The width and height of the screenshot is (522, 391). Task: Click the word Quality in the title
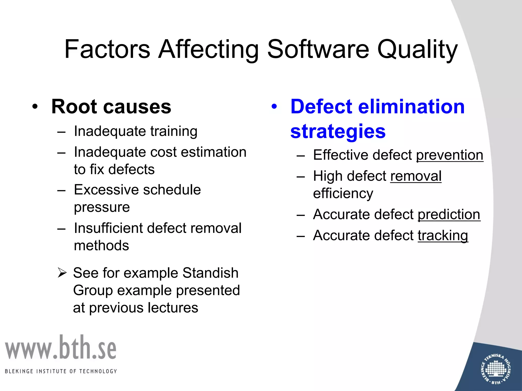click(x=417, y=50)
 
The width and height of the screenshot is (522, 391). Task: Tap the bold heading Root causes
click(x=111, y=106)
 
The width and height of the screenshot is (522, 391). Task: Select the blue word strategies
click(x=338, y=131)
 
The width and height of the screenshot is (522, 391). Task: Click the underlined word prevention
click(x=450, y=155)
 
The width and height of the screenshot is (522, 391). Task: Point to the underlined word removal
click(x=416, y=176)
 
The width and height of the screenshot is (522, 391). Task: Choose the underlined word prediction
click(x=449, y=214)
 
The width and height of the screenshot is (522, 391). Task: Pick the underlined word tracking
click(x=443, y=235)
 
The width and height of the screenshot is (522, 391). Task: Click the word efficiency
click(x=343, y=193)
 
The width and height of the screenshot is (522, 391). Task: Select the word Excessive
click(x=105, y=190)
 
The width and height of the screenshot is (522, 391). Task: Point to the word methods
click(x=101, y=246)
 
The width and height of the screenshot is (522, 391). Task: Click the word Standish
click(x=210, y=273)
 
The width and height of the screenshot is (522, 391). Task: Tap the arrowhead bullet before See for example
click(x=62, y=273)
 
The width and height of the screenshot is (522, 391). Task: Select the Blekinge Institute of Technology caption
click(x=61, y=371)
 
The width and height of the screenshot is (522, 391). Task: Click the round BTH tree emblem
click(x=495, y=369)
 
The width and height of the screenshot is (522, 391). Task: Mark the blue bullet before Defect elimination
click(x=274, y=106)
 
